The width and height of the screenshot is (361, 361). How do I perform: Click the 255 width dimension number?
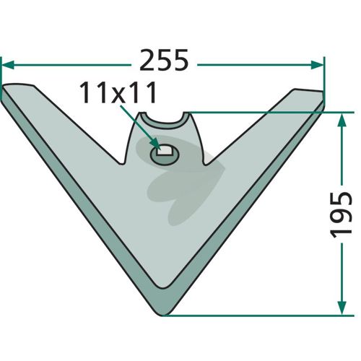[164, 60]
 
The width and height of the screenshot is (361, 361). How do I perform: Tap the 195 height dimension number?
[342, 215]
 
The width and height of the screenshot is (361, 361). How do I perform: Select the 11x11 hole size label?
[118, 92]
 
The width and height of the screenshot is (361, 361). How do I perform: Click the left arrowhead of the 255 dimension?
[8, 65]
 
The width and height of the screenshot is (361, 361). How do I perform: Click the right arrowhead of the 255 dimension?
[317, 65]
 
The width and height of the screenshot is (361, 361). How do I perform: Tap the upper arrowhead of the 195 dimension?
[342, 120]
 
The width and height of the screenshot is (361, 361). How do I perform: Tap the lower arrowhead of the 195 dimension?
[342, 308]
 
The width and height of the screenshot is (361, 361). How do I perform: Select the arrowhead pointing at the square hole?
[155, 145]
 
